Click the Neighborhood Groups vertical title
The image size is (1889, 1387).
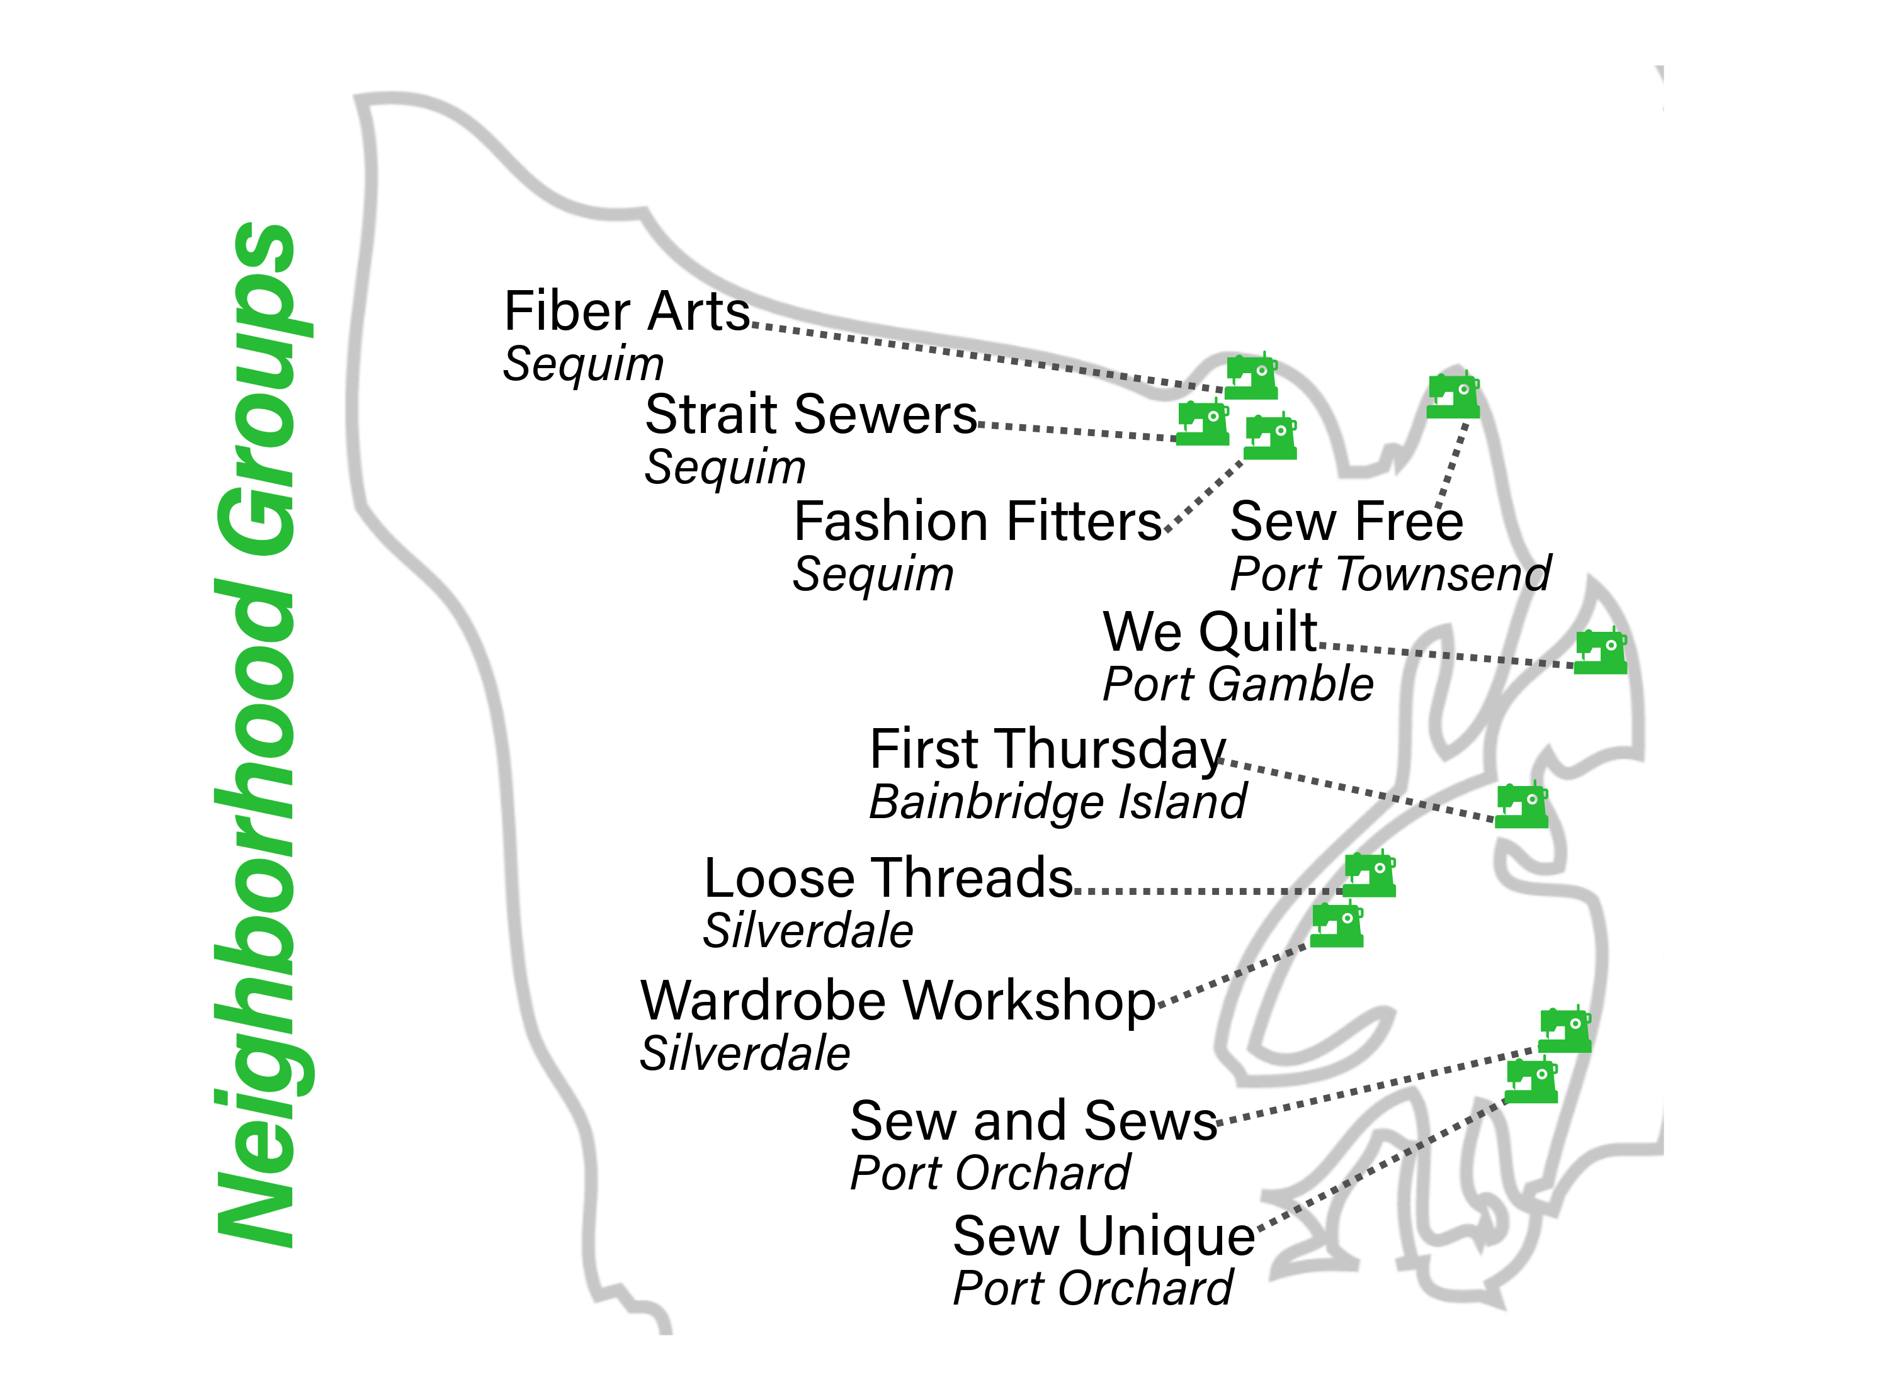256,734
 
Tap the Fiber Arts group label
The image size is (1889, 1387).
626,312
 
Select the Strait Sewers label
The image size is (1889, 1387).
810,415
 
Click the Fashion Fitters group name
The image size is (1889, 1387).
977,522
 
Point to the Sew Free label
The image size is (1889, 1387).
1346,522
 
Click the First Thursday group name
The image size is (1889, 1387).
1047,749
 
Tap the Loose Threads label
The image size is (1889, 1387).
888,879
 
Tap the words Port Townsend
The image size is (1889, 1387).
1390,575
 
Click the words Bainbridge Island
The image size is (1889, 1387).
1057,802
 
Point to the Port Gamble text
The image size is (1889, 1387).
1237,684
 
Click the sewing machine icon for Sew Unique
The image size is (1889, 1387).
1530,1081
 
